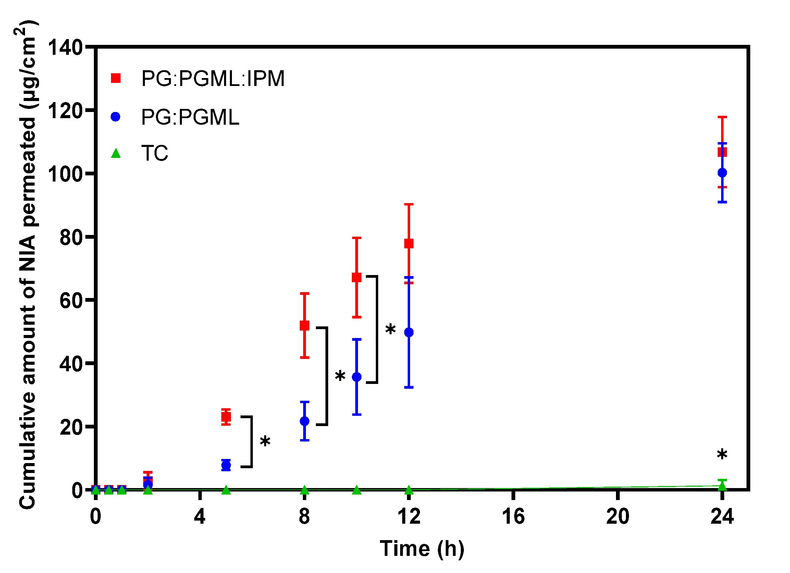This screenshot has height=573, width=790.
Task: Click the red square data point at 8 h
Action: tap(305, 326)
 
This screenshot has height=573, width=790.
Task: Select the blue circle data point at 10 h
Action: tap(357, 377)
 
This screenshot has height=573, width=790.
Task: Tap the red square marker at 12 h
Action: tap(409, 244)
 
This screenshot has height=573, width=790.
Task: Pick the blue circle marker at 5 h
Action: tap(226, 465)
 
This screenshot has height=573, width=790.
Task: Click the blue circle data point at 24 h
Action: tap(722, 172)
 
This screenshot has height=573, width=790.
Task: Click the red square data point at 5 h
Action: tap(226, 416)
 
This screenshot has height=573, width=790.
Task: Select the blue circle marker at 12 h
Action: tap(409, 332)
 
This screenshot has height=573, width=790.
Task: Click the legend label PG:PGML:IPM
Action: tap(213, 78)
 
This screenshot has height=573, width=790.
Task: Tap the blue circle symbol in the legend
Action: tap(115, 117)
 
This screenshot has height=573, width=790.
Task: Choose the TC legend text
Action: tap(154, 153)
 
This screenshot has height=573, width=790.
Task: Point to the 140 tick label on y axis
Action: tap(65, 47)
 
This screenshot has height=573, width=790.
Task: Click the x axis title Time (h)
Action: tap(422, 549)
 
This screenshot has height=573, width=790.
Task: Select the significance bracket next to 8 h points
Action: tap(326, 376)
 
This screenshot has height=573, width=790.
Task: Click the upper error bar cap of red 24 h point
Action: tap(722, 117)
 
